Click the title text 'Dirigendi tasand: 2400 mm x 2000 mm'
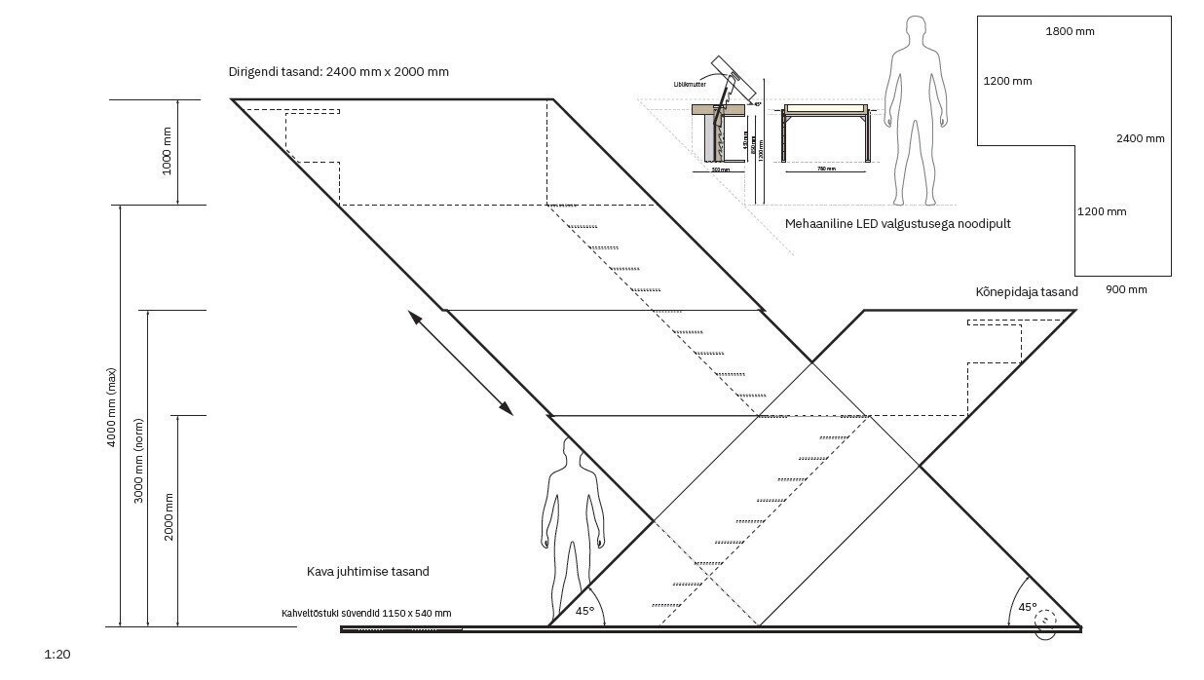click(338, 72)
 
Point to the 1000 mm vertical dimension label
click(167, 151)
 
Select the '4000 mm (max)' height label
click(112, 407)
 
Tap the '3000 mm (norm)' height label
click(139, 468)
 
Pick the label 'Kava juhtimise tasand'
click(367, 572)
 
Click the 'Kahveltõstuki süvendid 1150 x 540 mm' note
click(365, 613)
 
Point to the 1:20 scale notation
click(57, 655)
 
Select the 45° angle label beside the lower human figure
click(584, 612)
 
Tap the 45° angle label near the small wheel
click(1028, 606)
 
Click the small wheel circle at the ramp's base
click(1045, 623)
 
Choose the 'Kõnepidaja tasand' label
click(1027, 292)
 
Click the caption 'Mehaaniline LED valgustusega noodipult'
click(897, 224)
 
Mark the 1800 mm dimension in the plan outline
click(1070, 31)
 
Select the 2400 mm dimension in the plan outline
click(1140, 138)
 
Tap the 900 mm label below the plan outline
click(1126, 289)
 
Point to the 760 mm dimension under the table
click(825, 169)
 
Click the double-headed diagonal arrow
click(460, 362)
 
